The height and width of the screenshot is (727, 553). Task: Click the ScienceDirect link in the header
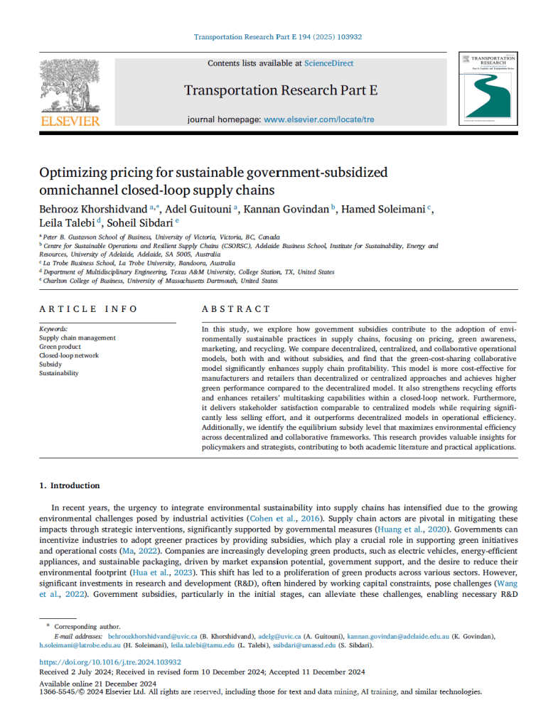(x=328, y=63)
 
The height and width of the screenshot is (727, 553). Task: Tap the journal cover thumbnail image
(x=488, y=90)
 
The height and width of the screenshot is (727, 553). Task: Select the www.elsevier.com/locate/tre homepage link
(x=318, y=119)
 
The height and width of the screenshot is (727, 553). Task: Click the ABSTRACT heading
(x=236, y=309)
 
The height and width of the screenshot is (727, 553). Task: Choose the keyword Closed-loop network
(x=69, y=355)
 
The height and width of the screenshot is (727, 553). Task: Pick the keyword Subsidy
(x=50, y=364)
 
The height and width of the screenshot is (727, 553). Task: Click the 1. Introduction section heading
(x=70, y=485)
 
